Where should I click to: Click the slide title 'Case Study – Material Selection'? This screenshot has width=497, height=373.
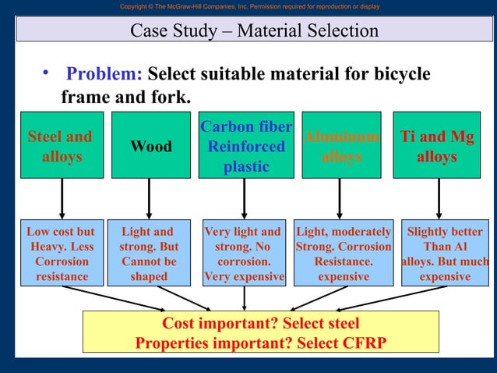[x=254, y=31]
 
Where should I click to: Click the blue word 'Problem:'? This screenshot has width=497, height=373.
[x=104, y=74]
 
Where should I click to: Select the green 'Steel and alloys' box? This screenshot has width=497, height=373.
[x=61, y=146]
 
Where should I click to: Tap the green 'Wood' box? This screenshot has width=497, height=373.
[x=150, y=146]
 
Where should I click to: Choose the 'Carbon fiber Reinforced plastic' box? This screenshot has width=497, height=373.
[x=245, y=146]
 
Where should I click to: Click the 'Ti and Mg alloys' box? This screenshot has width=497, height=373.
[x=436, y=146]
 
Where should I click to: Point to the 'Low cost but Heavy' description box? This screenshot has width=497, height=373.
[x=61, y=254]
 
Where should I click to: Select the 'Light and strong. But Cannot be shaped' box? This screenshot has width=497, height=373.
[x=149, y=254]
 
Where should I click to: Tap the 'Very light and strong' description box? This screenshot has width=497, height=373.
[x=244, y=254]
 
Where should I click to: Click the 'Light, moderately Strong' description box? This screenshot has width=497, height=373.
[x=344, y=254]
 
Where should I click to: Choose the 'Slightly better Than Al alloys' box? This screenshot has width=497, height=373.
[x=444, y=254]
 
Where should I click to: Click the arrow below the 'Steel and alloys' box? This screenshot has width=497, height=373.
[x=62, y=199]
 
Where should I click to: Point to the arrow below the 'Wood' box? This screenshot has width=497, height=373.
[x=150, y=199]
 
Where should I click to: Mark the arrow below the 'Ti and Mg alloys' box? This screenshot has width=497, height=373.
[x=438, y=199]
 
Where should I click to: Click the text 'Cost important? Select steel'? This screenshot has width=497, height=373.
[x=260, y=323]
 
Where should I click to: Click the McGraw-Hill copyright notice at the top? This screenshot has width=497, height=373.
[x=249, y=6]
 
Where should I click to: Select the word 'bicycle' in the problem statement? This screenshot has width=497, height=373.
[x=397, y=74]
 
